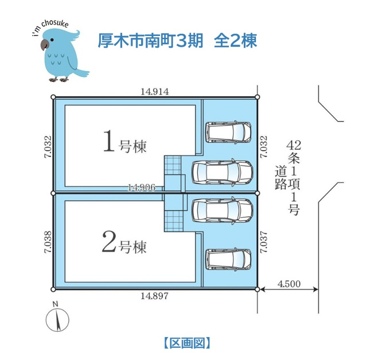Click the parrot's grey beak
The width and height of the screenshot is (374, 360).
coord(44,45)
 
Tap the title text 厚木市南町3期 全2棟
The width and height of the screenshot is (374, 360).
coord(177,41)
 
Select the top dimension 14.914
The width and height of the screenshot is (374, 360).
coord(154,92)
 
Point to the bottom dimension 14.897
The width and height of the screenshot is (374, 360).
coord(154,296)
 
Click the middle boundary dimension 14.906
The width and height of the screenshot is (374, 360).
coord(142,187)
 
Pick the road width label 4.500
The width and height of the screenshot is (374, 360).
coord(289,284)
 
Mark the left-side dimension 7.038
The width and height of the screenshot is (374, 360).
coord(48,241)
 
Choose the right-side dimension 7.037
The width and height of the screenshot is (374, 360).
coord(263,242)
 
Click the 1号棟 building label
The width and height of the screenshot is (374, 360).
coord(124,142)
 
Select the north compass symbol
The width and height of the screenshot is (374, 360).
coord(57,318)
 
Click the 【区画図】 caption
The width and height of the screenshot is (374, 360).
coord(187,343)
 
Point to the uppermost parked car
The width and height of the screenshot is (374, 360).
coord(228,132)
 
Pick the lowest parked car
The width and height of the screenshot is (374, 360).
coord(228,260)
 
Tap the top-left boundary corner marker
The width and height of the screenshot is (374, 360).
coord(53,97)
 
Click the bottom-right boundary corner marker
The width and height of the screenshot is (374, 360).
coord(257,289)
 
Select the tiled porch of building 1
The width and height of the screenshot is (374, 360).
coord(173,165)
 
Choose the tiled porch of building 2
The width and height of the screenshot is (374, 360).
coord(173,221)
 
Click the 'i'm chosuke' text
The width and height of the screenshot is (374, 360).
coord(50,27)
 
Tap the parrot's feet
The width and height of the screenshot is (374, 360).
coord(59,79)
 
